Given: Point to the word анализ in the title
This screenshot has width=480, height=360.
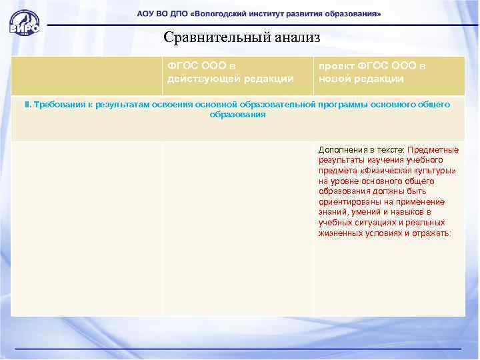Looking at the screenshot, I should pyautogui.click(x=293, y=38).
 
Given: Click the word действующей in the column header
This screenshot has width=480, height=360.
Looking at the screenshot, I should pyautogui.click(x=199, y=79).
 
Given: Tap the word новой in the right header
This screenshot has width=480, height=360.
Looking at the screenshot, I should pyautogui.click(x=333, y=79).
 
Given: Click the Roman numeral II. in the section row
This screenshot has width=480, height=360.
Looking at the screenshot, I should pyautogui.click(x=28, y=105).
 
